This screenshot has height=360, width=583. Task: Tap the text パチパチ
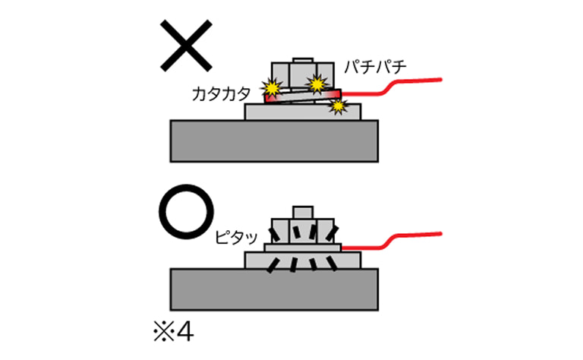375,68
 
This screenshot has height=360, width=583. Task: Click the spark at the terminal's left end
270,87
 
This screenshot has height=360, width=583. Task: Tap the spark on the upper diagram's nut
316,80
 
